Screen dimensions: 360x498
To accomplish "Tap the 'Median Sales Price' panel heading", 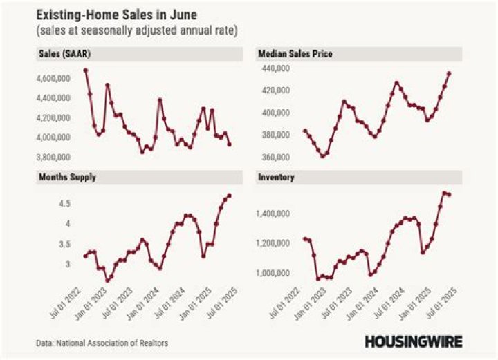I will (295, 54).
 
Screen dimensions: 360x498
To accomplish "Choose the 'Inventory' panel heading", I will (276, 178).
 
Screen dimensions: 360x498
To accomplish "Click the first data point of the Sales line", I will (85, 70).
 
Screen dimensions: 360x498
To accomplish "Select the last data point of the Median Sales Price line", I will (450, 73).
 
